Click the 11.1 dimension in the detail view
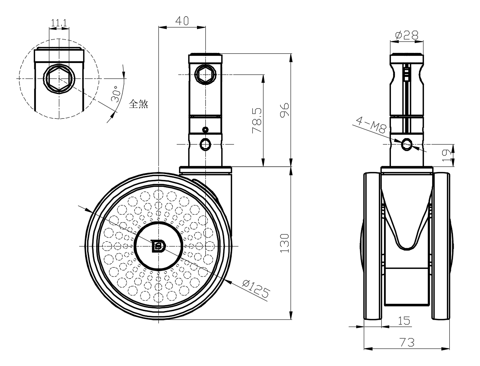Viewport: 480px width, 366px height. (x=59, y=23)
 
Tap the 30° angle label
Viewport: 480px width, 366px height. (x=116, y=95)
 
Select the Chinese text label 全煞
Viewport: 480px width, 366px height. (x=139, y=104)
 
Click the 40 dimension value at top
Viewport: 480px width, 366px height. (x=182, y=21)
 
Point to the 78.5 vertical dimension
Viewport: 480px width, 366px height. (x=256, y=120)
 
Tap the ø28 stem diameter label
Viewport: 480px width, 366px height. (x=406, y=35)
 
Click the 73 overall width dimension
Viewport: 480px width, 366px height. (x=407, y=342)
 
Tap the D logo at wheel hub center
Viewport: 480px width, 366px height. (x=158, y=246)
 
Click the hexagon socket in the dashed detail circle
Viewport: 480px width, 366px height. (x=59, y=78)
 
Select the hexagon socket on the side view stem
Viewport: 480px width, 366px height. (x=205, y=75)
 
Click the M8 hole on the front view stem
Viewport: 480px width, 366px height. (x=407, y=144)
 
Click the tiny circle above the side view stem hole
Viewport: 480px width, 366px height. (x=205, y=130)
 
